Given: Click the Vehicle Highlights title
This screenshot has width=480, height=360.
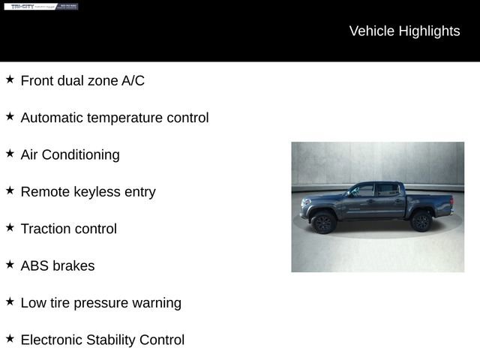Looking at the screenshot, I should point(404,31).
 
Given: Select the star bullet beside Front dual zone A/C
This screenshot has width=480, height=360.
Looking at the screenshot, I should point(10,79).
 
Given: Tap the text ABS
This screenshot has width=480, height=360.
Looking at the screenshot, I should point(34,265).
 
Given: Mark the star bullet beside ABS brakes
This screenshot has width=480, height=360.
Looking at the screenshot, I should point(10,265).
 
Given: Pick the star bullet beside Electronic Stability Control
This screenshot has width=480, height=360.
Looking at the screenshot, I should point(10,339).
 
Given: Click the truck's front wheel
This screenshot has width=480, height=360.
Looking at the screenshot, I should point(323,221).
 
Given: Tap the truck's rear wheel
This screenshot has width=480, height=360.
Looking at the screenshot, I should point(421,220).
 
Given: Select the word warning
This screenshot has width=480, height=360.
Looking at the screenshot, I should point(157,303).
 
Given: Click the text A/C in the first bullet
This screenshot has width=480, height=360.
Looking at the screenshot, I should point(133,81).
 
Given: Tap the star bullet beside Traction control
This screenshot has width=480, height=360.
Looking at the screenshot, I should point(10,228).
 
